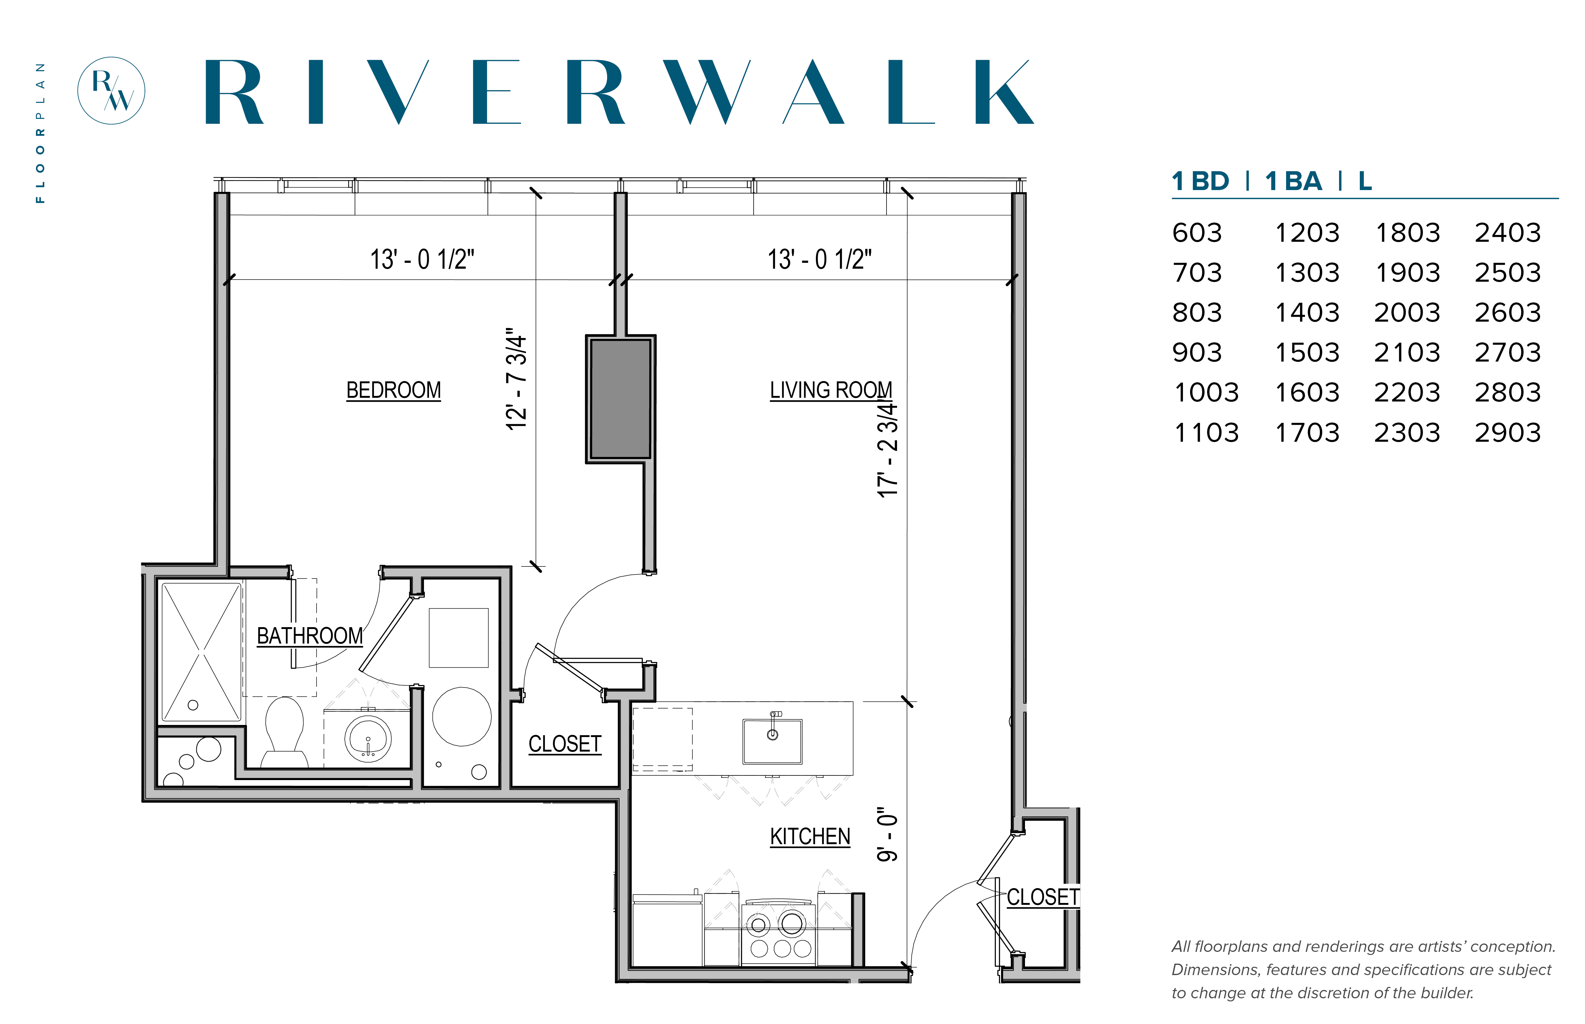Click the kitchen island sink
(772, 740)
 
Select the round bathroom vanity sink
(368, 738)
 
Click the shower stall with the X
(201, 652)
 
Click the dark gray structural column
(620, 399)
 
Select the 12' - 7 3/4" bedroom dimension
(516, 379)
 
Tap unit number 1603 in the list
(1306, 392)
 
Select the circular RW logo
(111, 90)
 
